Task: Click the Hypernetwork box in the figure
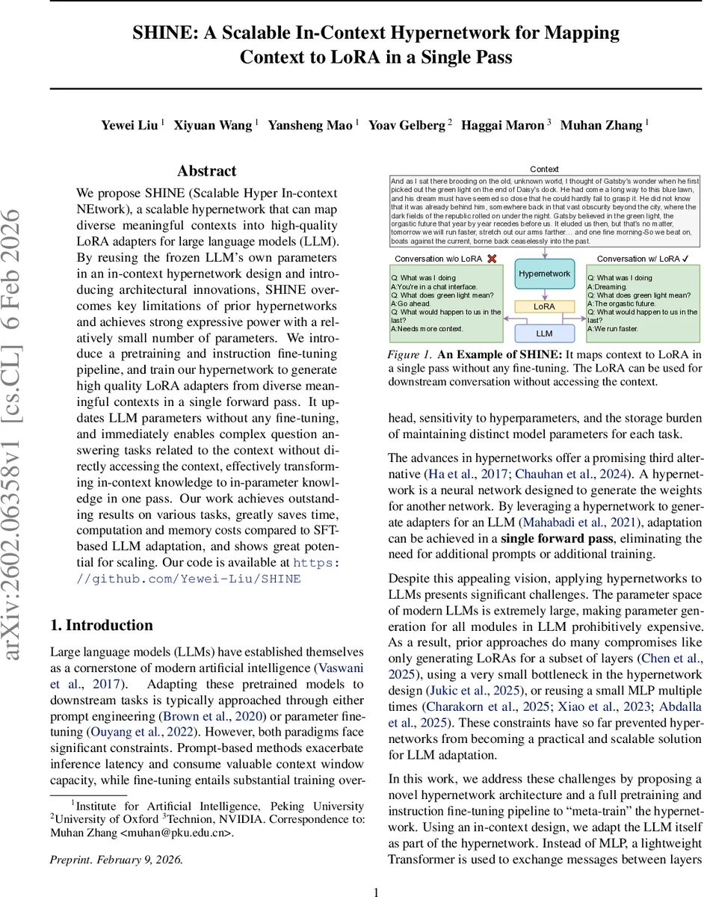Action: [x=544, y=274]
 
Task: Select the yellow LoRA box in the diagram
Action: [x=544, y=306]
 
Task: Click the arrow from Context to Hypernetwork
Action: [x=544, y=252]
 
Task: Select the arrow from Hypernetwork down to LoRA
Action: [x=544, y=294]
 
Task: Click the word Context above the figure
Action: [x=544, y=170]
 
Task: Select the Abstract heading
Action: [x=206, y=170]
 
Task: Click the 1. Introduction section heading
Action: [x=101, y=626]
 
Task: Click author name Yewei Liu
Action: [x=129, y=125]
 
